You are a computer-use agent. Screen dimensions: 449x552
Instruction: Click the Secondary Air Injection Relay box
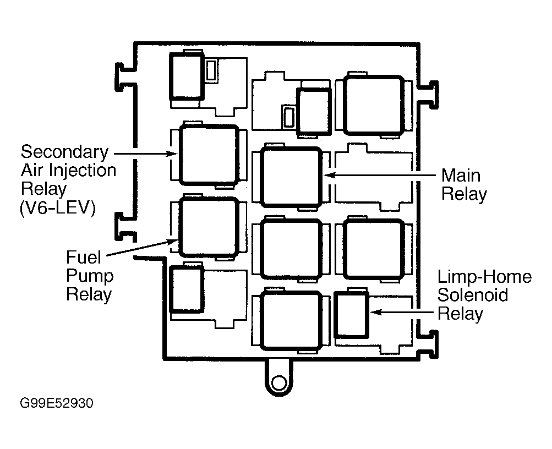pyautogui.click(x=209, y=155)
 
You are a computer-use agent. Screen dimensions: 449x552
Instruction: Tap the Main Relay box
pyautogui.click(x=290, y=177)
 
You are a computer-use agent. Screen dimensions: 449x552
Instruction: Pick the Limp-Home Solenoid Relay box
pyautogui.click(x=351, y=314)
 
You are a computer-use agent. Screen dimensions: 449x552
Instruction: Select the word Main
pyautogui.click(x=461, y=176)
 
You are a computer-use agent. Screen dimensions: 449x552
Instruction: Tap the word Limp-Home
pyautogui.click(x=485, y=277)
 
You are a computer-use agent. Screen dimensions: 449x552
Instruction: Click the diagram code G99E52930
pyautogui.click(x=57, y=403)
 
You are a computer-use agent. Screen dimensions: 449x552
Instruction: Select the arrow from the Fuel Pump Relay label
pyautogui.click(x=140, y=248)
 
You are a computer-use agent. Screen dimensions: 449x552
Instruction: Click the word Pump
pyautogui.click(x=90, y=275)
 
